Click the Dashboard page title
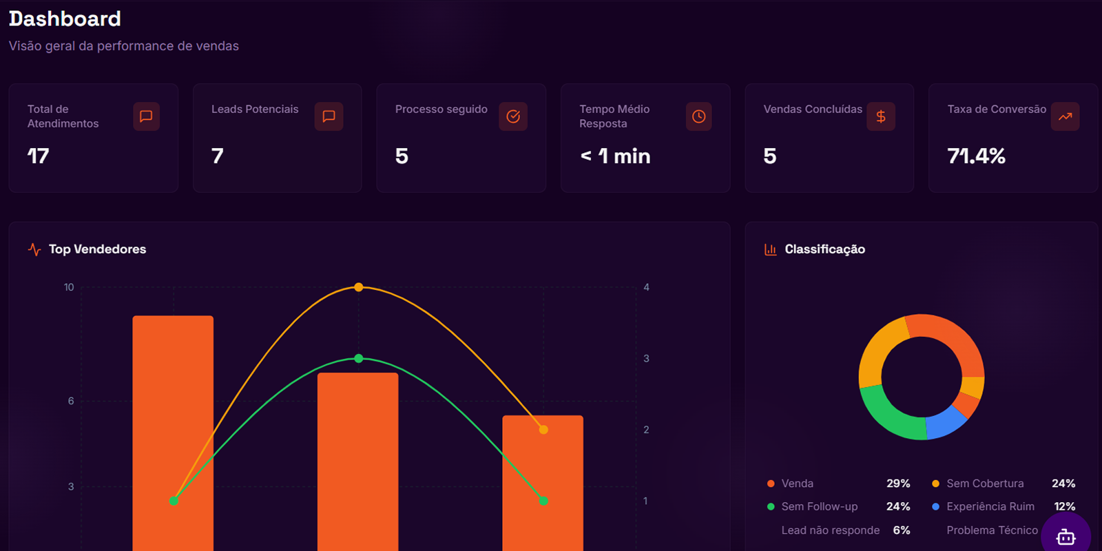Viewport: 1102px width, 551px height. tap(65, 19)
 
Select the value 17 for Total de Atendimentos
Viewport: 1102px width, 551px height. tap(39, 156)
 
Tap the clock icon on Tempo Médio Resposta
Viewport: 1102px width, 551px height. tap(698, 116)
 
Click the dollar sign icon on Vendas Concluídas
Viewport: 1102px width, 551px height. tap(881, 116)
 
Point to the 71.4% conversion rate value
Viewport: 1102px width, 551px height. tap(976, 156)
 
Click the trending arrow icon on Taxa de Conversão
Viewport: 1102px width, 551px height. tap(1065, 116)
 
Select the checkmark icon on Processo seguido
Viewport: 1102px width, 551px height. tap(513, 116)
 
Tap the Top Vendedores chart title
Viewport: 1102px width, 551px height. tap(97, 249)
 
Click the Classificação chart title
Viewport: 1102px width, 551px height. tap(824, 249)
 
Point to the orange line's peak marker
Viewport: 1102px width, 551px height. tap(358, 287)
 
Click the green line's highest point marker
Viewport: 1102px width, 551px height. tap(358, 358)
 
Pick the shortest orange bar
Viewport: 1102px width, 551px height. tap(543, 482)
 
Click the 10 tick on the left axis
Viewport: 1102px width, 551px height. tap(69, 287)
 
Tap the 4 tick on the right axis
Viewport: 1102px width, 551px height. tap(646, 287)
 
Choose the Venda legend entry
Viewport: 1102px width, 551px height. tap(797, 484)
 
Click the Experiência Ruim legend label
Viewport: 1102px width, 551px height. tap(990, 506)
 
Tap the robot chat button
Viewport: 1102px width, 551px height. tap(1065, 537)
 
